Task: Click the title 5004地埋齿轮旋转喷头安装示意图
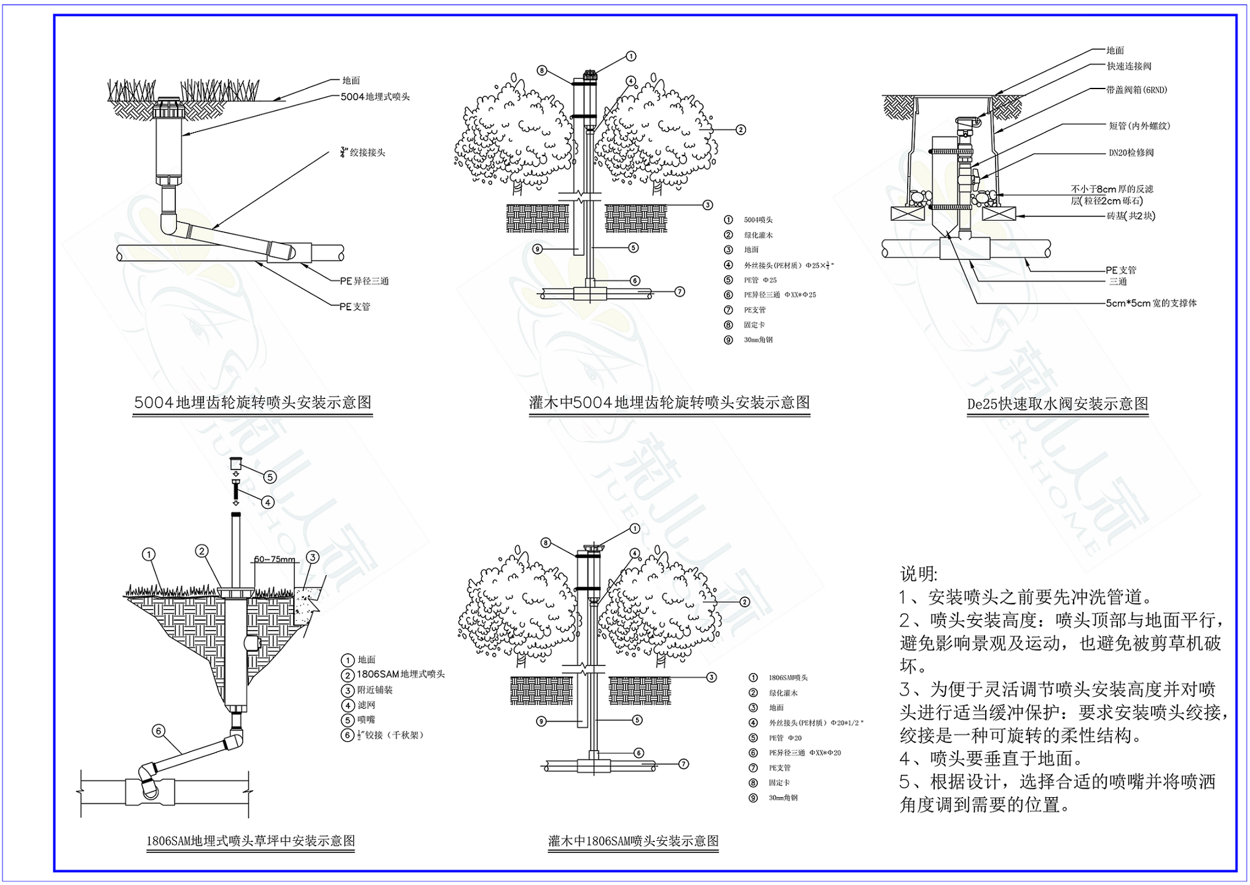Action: coord(253,403)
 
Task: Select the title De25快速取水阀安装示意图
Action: coord(1057,404)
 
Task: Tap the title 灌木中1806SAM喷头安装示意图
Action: coord(633,841)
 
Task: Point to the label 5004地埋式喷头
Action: coord(375,96)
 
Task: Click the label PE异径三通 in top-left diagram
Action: coord(364,281)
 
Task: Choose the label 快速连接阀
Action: coord(1129,66)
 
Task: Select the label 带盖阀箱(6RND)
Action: coord(1136,90)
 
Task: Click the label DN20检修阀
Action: coord(1131,152)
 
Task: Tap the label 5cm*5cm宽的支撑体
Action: coord(1151,303)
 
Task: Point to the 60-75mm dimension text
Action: coord(274,559)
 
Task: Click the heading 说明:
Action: coord(919,574)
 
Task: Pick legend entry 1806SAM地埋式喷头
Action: coord(401,674)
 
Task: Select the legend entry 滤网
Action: coord(366,705)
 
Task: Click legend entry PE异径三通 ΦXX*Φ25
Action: coord(780,295)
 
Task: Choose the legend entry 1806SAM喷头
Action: coord(788,678)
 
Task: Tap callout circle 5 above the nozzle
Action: coord(270,477)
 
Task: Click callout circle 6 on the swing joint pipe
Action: coord(159,731)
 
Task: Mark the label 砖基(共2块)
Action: coord(1131,216)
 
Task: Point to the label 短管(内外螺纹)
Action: coord(1139,126)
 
